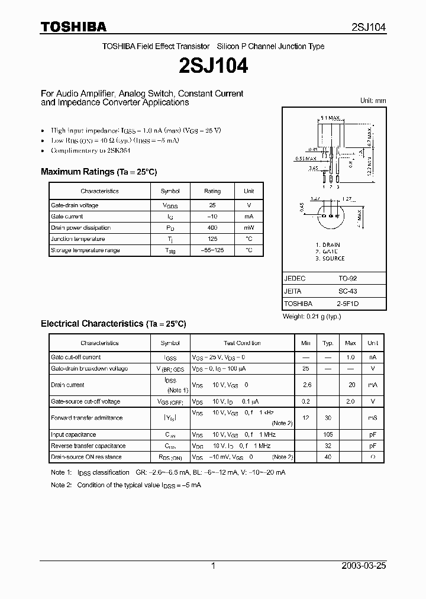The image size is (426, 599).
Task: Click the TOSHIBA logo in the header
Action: click(73, 27)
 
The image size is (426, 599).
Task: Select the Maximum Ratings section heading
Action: click(99, 172)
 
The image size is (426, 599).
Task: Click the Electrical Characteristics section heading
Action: click(113, 324)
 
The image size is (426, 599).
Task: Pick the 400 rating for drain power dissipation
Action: click(212, 228)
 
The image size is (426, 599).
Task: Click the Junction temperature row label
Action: click(78, 239)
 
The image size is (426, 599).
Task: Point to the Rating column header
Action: click(212, 191)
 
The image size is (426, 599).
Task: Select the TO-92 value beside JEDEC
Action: click(347, 278)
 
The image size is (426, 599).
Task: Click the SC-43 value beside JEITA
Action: click(347, 291)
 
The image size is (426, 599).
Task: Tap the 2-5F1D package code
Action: click(348, 304)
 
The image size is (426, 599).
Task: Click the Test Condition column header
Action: click(242, 343)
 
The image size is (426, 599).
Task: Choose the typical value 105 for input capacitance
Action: click(328, 435)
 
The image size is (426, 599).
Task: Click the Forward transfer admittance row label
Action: click(87, 418)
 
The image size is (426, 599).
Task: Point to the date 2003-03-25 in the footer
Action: click(364, 566)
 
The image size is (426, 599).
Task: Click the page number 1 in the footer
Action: click(213, 566)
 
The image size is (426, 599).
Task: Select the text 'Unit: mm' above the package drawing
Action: click(373, 101)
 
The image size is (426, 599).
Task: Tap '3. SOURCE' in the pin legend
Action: click(330, 259)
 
